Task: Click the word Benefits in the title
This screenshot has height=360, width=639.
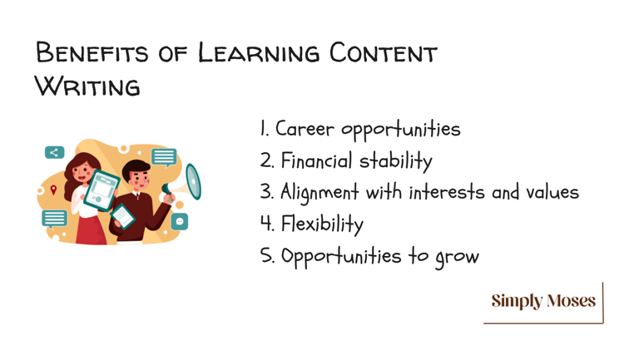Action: click(x=92, y=52)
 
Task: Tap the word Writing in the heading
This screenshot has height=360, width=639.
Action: click(x=87, y=86)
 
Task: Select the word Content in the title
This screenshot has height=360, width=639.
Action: click(x=383, y=53)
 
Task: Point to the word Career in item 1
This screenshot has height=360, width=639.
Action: click(x=305, y=129)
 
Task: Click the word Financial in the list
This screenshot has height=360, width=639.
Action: click(x=317, y=160)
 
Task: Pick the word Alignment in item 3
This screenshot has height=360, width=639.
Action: click(x=319, y=192)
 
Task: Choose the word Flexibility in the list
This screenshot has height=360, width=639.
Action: click(x=322, y=224)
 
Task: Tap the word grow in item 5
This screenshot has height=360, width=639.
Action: click(x=457, y=257)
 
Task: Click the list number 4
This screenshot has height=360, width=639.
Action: click(x=266, y=224)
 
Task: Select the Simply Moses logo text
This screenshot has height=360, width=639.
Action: click(x=543, y=301)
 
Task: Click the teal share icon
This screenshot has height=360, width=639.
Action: click(x=55, y=152)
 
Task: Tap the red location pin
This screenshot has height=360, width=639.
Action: click(x=53, y=190)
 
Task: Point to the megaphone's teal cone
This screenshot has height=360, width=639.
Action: click(x=194, y=181)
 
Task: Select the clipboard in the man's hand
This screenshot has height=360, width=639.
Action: click(x=122, y=216)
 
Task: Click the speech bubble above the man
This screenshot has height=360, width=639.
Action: click(x=164, y=157)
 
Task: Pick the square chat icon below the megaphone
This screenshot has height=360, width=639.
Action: click(x=180, y=221)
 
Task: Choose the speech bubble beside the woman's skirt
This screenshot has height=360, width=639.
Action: click(x=54, y=219)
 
